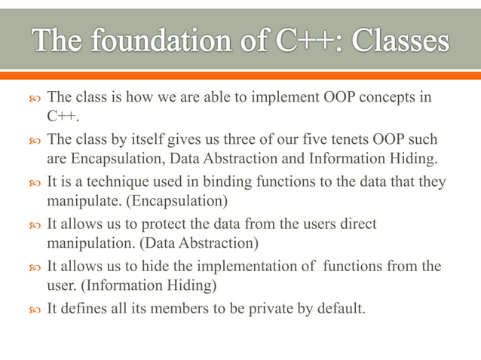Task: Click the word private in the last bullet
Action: tap(256, 308)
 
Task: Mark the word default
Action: tap(339, 308)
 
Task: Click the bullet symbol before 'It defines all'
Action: tap(30, 309)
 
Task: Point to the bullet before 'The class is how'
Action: tap(30, 99)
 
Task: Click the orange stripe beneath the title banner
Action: tap(240, 75)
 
